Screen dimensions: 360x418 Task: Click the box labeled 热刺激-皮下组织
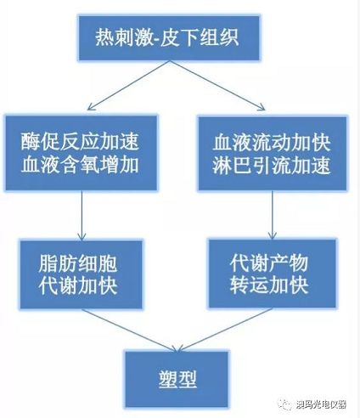169,38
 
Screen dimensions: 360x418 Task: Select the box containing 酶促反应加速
82,153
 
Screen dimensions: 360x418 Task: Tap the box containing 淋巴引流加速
273,153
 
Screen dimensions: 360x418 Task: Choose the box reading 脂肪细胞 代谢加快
81,274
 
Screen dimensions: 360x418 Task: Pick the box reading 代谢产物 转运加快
273,274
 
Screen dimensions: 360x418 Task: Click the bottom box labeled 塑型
177,380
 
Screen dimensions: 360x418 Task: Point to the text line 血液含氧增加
80,165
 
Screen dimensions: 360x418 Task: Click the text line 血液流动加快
272,143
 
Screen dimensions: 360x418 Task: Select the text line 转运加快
269,285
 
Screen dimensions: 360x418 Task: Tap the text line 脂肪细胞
78,263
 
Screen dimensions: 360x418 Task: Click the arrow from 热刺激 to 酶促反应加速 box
128,85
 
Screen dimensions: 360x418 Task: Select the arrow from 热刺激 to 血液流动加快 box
217,85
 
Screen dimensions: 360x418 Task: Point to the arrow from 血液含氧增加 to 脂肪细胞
82,215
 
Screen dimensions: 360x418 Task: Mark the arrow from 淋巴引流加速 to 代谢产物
273,215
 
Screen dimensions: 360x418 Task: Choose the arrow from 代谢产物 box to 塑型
225,330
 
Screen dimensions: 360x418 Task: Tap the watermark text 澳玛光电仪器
321,404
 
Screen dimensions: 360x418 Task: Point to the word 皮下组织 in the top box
200,37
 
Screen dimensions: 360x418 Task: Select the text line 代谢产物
269,263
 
